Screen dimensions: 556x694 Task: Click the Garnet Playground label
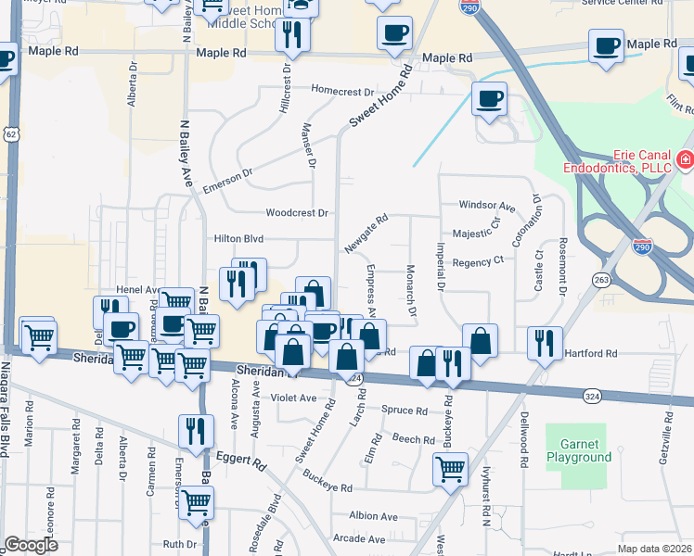pos(578,449)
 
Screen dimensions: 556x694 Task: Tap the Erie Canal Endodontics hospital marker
pos(685,160)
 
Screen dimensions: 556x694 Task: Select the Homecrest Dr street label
pos(342,92)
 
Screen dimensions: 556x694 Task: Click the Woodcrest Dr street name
pos(297,212)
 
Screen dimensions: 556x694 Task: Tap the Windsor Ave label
pos(486,205)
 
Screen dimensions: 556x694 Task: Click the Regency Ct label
pos(477,262)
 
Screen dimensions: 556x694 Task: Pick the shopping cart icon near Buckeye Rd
pos(450,469)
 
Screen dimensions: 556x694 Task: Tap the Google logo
pos(31,545)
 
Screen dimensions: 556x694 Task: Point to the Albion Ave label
pos(373,516)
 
